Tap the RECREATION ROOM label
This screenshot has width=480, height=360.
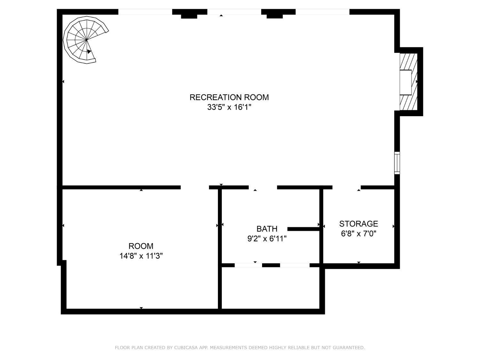pyautogui.click(x=229, y=97)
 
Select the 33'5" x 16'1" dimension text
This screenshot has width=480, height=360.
pyautogui.click(x=229, y=107)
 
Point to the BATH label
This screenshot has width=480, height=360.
pyautogui.click(x=267, y=229)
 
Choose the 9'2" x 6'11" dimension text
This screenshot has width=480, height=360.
pyautogui.click(x=267, y=239)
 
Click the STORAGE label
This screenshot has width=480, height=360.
pyautogui.click(x=358, y=224)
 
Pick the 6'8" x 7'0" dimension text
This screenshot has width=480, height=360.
pyautogui.click(x=358, y=234)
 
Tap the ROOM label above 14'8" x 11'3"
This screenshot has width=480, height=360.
pyautogui.click(x=141, y=246)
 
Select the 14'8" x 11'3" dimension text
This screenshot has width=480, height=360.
pyautogui.click(x=141, y=256)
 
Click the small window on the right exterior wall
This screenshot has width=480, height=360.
pyautogui.click(x=397, y=163)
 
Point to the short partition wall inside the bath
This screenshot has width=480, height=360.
pyautogui.click(x=303, y=229)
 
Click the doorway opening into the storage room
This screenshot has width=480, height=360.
pyautogui.click(x=347, y=188)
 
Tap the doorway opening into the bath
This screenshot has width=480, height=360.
pyautogui.click(x=263, y=188)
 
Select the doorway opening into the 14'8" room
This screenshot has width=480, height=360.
pyautogui.click(x=195, y=188)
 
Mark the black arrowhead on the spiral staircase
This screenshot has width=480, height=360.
pyautogui.click(x=89, y=52)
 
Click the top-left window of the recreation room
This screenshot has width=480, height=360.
pyautogui.click(x=145, y=12)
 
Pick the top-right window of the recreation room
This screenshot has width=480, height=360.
pyautogui.click(x=322, y=12)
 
